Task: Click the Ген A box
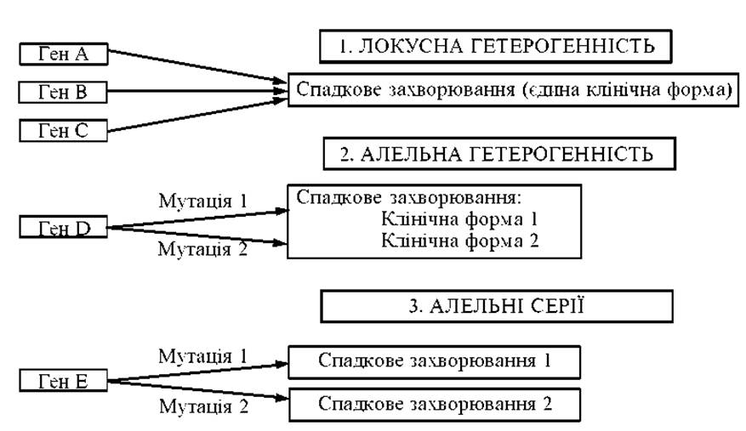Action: (64, 54)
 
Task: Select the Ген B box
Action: (63, 92)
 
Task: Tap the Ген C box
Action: (63, 130)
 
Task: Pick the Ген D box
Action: (63, 227)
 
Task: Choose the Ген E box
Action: (63, 381)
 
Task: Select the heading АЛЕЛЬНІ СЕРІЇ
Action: (497, 306)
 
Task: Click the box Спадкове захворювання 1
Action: (435, 362)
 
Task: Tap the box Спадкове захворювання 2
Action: (435, 405)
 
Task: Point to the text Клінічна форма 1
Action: (459, 219)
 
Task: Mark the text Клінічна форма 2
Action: (459, 241)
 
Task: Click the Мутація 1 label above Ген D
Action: (203, 201)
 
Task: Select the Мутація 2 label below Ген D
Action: (203, 248)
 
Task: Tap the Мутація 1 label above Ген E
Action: (203, 356)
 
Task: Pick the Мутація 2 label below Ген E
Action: (203, 406)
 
